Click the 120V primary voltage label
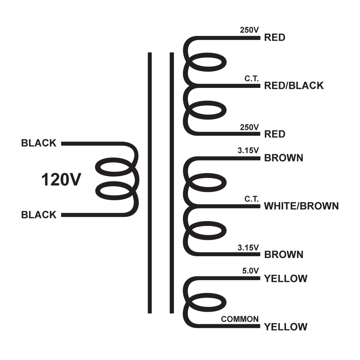point(61,180)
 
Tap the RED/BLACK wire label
point(294,85)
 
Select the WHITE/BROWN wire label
point(301,206)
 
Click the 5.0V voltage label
point(250,271)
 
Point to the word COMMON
point(240,319)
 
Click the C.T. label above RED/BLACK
point(252,78)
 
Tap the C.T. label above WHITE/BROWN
point(252,199)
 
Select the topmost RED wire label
point(275,37)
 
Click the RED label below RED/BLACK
point(275,134)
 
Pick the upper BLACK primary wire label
point(39,143)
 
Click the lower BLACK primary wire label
point(39,215)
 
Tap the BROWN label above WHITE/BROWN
point(284,158)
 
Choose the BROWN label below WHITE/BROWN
point(284,255)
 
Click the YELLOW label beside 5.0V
point(286,278)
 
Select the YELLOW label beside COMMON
point(286,327)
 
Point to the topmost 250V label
point(249,30)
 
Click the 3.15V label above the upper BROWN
point(248,150)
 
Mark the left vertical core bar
point(150,183)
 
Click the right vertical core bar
point(172,183)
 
